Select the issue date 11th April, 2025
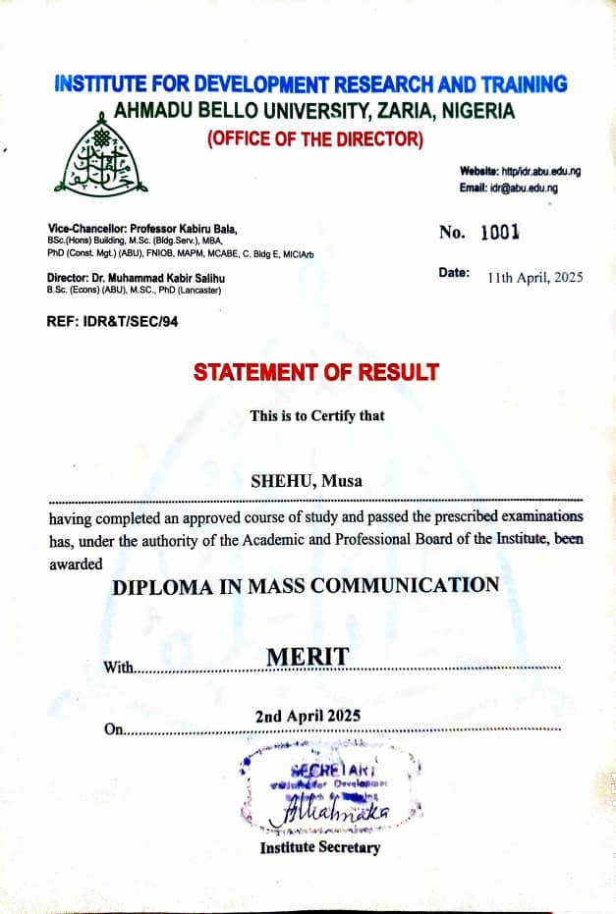[534, 277]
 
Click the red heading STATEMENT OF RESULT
[316, 373]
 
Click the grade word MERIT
[308, 657]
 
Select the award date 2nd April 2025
[308, 716]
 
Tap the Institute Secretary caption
[319, 847]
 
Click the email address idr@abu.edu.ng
[524, 188]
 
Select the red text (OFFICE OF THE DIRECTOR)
[315, 139]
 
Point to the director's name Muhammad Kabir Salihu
[172, 278]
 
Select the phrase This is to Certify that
[317, 415]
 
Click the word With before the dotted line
[118, 668]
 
